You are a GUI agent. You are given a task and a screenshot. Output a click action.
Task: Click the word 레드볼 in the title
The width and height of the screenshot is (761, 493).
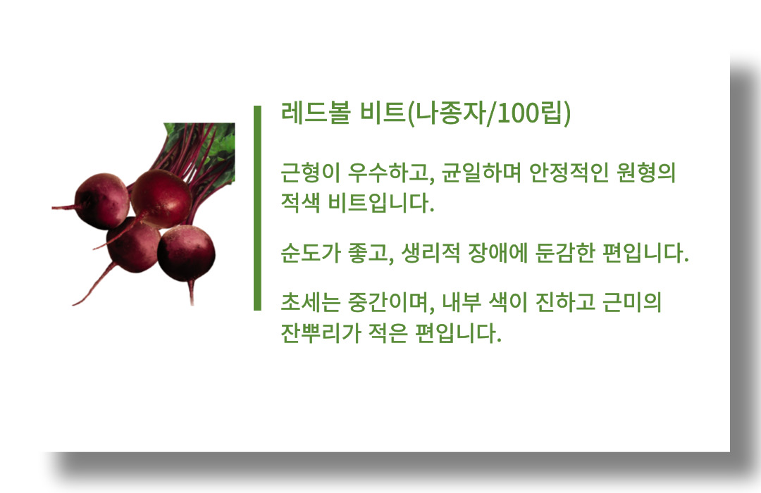tap(316, 113)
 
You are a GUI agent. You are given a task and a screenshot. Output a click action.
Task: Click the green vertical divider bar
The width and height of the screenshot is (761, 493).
tap(257, 208)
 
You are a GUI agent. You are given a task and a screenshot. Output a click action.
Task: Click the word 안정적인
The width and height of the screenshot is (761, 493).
tap(569, 173)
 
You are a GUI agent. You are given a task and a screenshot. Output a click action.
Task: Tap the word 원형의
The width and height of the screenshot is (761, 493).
tap(646, 173)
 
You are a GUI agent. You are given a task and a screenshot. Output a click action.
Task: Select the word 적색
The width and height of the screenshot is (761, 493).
tap(300, 202)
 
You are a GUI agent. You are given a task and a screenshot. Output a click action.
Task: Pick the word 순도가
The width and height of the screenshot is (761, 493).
tap(311, 253)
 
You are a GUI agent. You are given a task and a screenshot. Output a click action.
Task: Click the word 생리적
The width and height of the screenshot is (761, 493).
tap(431, 253)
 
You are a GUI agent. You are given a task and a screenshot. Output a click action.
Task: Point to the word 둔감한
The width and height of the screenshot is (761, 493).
tap(565, 253)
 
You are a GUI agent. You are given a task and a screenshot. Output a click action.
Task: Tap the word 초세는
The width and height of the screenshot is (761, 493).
tap(311, 302)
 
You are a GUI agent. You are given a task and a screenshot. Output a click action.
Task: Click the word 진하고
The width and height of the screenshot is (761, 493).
tap(565, 302)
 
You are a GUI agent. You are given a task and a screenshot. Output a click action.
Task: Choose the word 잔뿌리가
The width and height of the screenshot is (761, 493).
tap(321, 333)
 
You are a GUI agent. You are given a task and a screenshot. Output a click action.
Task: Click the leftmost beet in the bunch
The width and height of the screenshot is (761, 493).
tap(102, 201)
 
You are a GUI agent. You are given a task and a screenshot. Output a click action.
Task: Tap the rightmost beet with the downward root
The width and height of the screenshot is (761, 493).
tap(186, 254)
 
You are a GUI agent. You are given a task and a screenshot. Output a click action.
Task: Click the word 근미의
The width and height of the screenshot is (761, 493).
tap(632, 302)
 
